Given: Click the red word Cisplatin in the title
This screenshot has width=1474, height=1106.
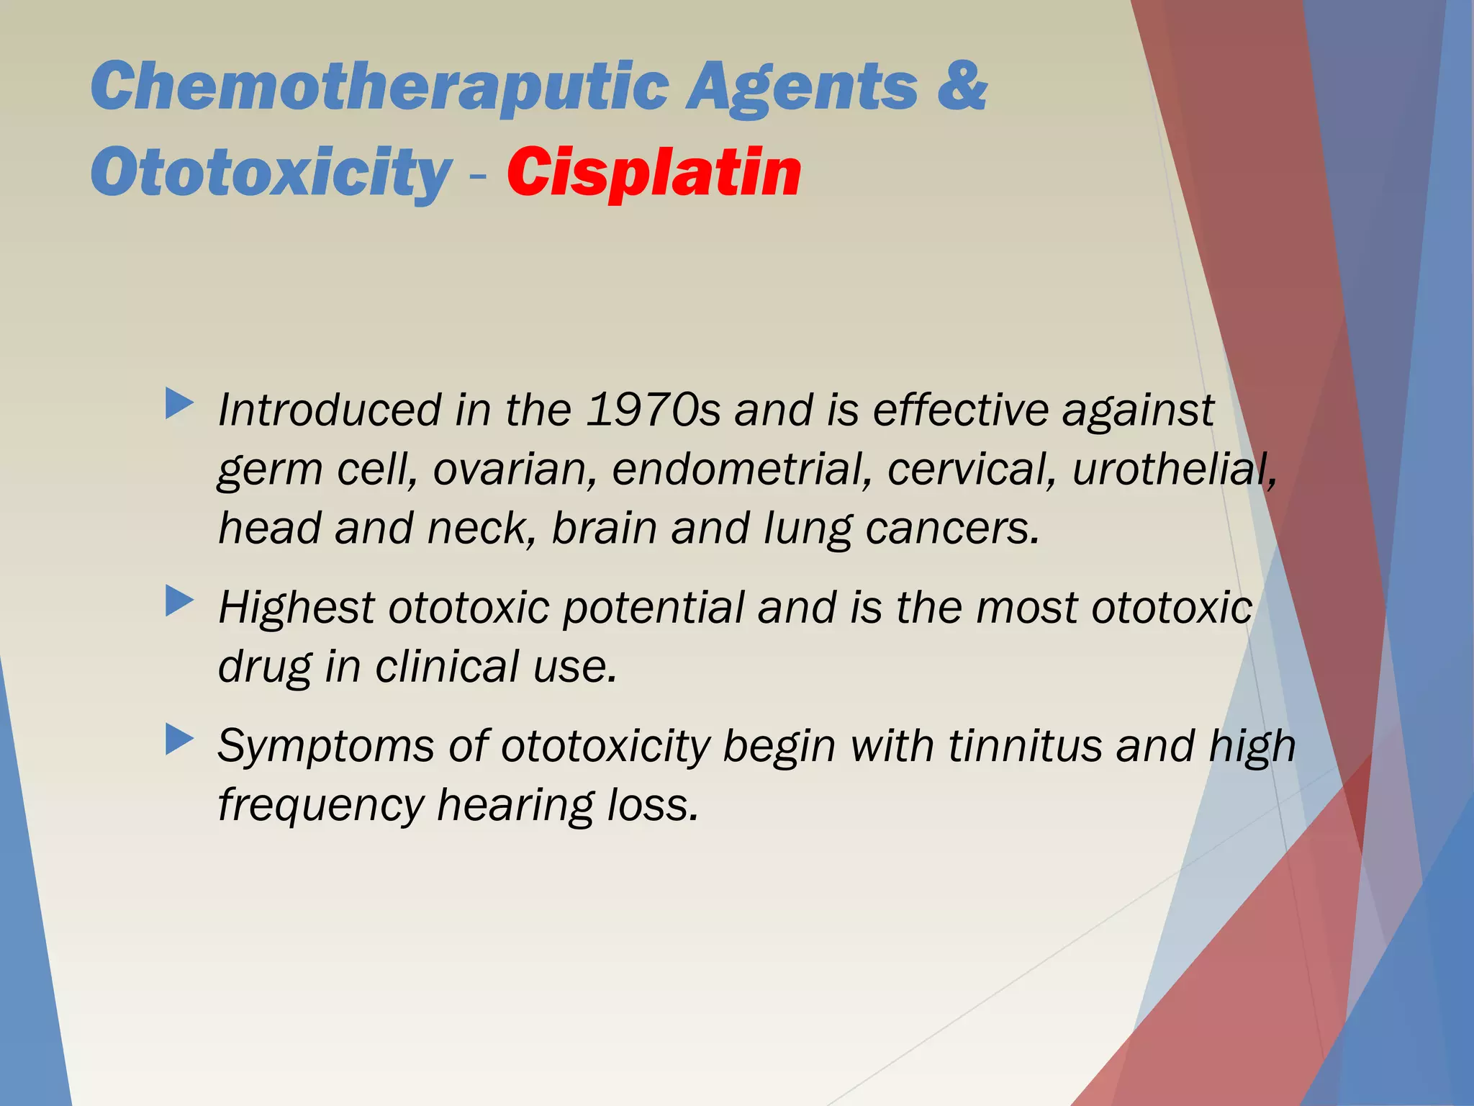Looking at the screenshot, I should tap(654, 173).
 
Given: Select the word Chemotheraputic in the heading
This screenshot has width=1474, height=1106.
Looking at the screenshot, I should tap(381, 88).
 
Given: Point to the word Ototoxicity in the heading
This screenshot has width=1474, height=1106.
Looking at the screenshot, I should tap(271, 174).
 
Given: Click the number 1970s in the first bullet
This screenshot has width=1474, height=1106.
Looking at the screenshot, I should tap(653, 410).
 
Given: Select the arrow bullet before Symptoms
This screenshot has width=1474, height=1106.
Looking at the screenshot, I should tap(179, 739).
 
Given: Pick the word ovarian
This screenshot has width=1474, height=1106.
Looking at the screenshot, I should tap(515, 469).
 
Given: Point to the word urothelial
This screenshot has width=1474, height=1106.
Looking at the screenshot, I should tap(1174, 469).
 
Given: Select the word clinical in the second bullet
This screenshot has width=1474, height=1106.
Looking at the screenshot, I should tap(446, 666).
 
